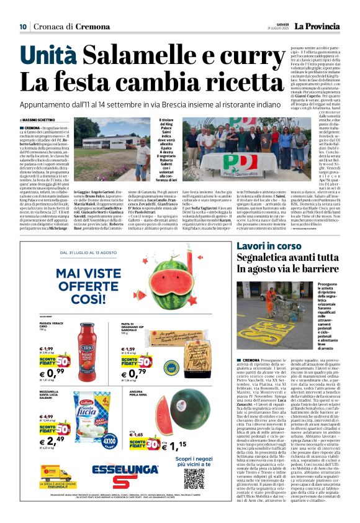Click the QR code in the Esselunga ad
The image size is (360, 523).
[194, 478]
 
